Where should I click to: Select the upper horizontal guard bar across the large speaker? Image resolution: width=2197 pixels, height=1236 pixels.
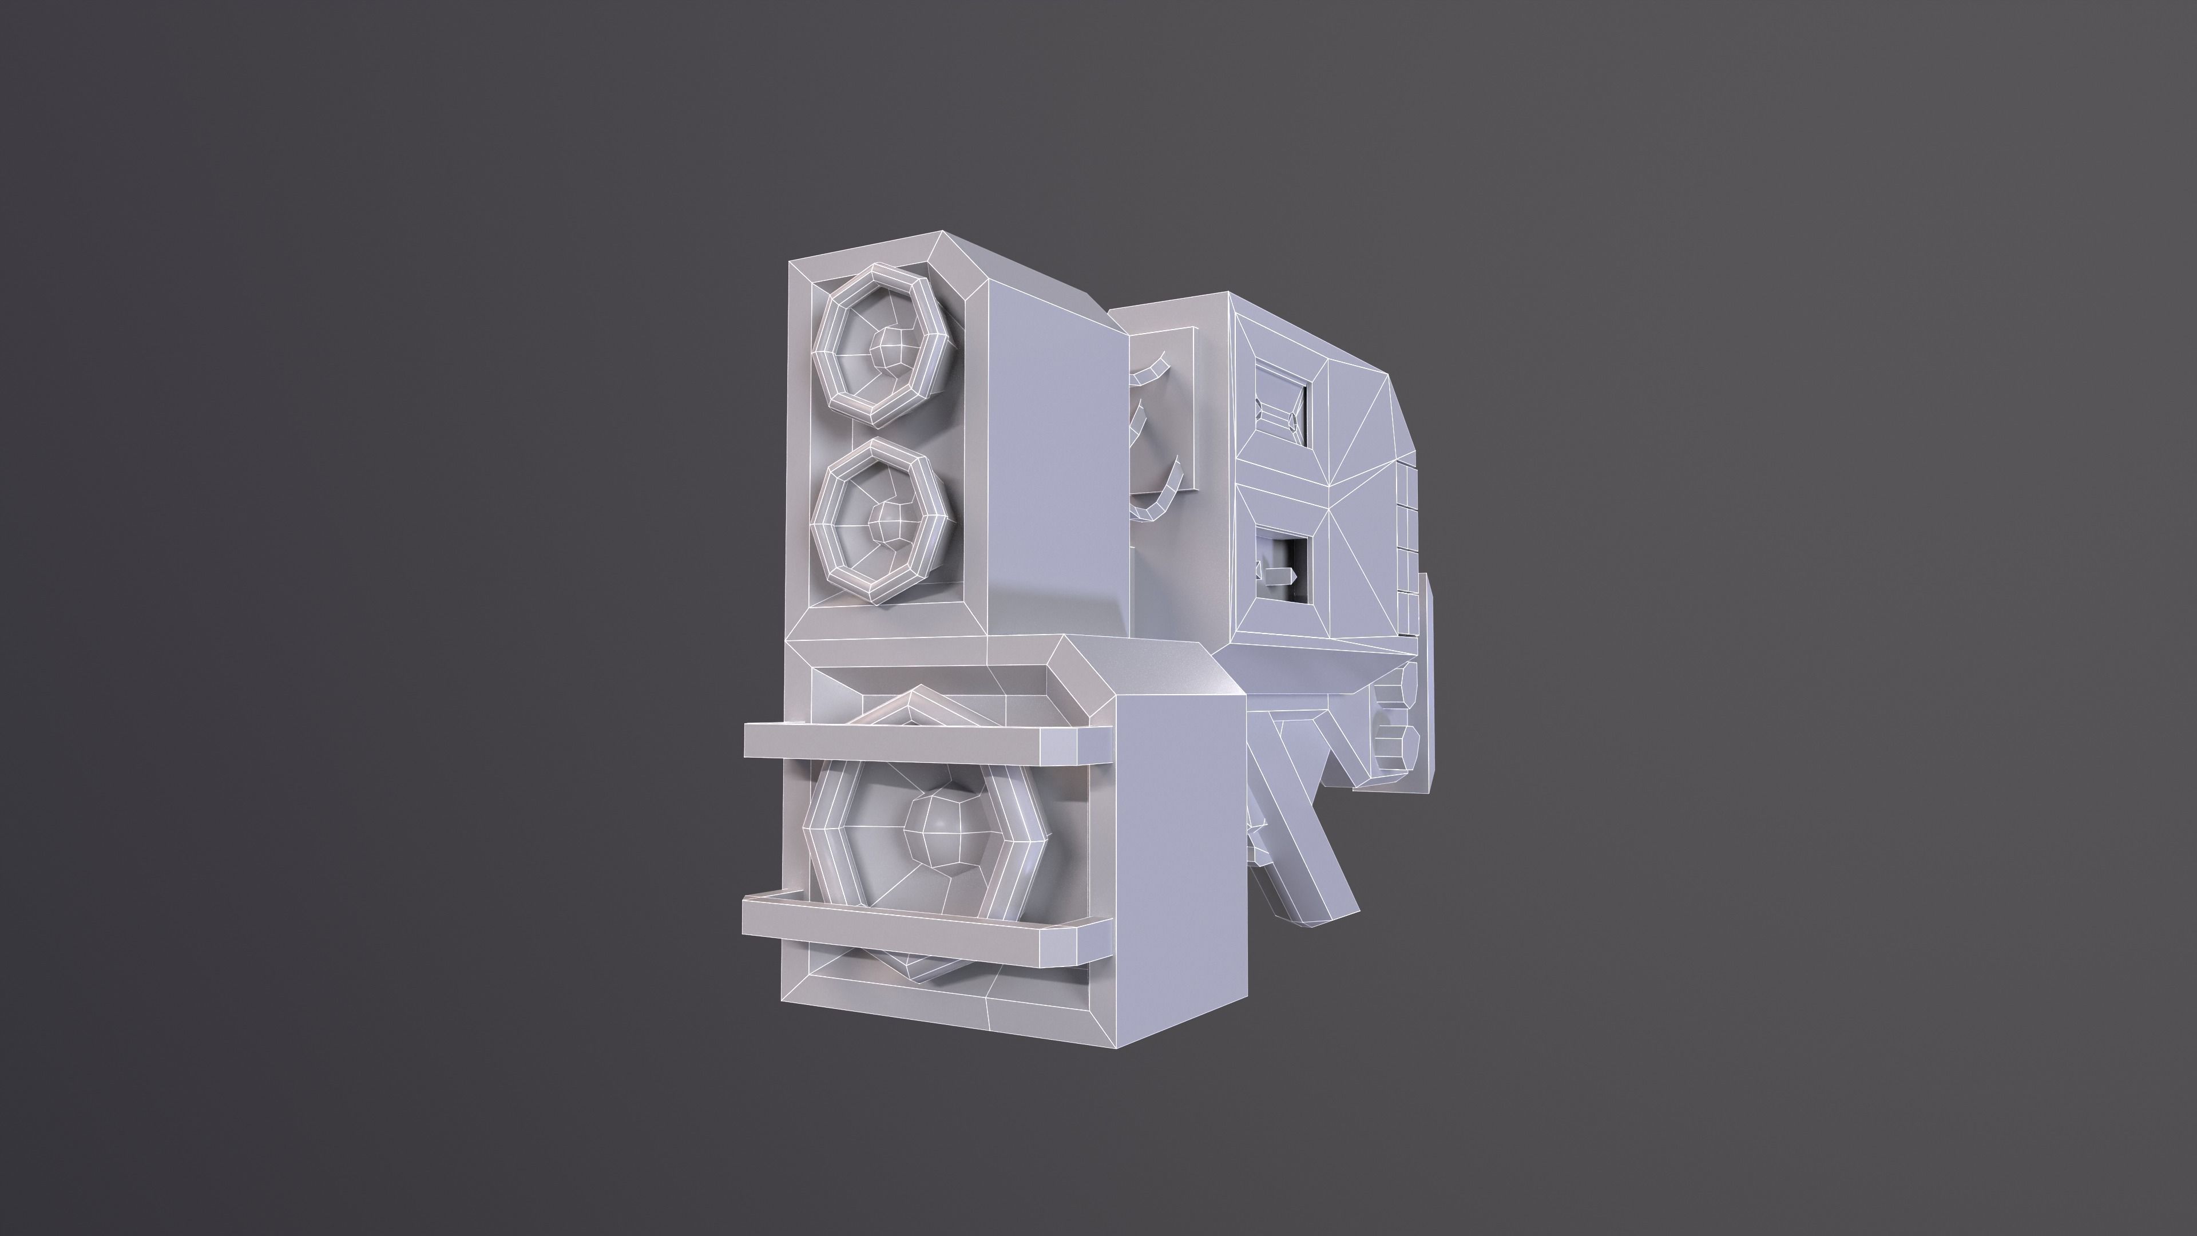pyautogui.click(x=887, y=741)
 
